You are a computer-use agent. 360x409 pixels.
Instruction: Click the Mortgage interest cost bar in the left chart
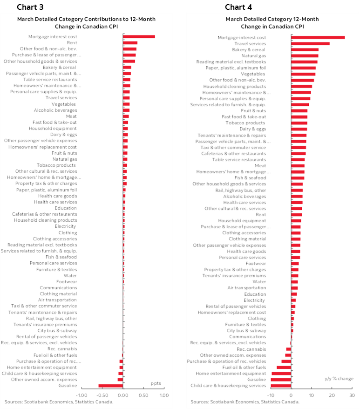click(x=139, y=37)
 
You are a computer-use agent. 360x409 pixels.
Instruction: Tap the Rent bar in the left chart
click(x=130, y=43)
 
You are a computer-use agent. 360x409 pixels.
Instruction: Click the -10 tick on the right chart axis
click(x=271, y=395)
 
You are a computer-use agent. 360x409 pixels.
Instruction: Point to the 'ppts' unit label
click(x=156, y=383)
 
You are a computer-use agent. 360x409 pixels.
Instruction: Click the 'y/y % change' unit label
click(x=339, y=378)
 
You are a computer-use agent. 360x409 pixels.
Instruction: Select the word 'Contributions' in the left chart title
click(x=104, y=19)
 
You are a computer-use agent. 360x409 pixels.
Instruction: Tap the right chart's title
click(x=272, y=23)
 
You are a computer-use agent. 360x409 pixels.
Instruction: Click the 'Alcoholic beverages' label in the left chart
click(x=55, y=110)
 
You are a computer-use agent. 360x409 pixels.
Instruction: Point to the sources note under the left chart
click(x=59, y=402)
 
